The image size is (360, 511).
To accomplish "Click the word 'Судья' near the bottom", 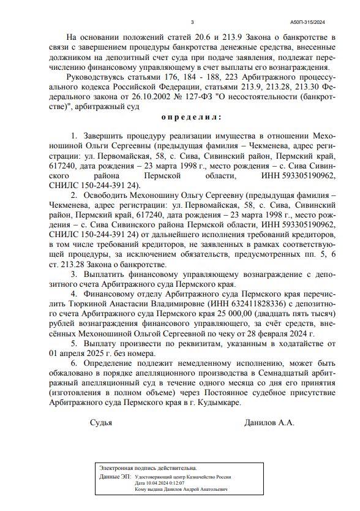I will point(101,423).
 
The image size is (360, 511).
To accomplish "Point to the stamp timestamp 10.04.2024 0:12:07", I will point(163,483).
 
